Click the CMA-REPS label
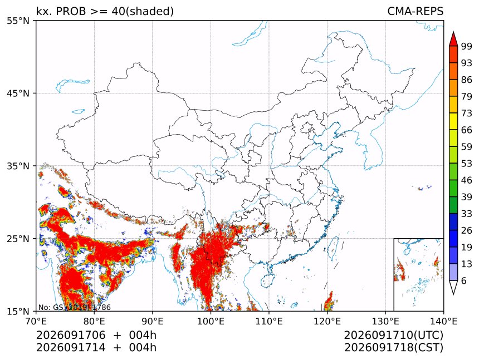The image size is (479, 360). pyautogui.click(x=415, y=11)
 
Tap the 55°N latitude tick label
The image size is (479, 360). pyautogui.click(x=18, y=21)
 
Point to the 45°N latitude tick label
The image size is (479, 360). pyautogui.click(x=18, y=93)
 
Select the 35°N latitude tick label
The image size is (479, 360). pyautogui.click(x=18, y=166)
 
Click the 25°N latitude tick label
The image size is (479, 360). pyautogui.click(x=18, y=239)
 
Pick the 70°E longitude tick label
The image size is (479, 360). pyautogui.click(x=36, y=321)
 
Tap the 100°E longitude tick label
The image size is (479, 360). pyautogui.click(x=211, y=321)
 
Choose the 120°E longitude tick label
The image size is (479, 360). pyautogui.click(x=327, y=321)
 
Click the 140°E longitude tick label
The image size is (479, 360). pyautogui.click(x=443, y=321)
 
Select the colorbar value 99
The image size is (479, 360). pyautogui.click(x=467, y=46)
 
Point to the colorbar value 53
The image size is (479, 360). pyautogui.click(x=467, y=164)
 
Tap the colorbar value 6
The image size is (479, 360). pyautogui.click(x=464, y=280)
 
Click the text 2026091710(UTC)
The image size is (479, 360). pyautogui.click(x=394, y=335)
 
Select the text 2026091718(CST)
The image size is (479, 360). pyautogui.click(x=394, y=348)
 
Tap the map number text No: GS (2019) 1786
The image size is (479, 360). pyautogui.click(x=75, y=307)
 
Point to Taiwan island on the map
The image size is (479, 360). pyautogui.click(x=333, y=248)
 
